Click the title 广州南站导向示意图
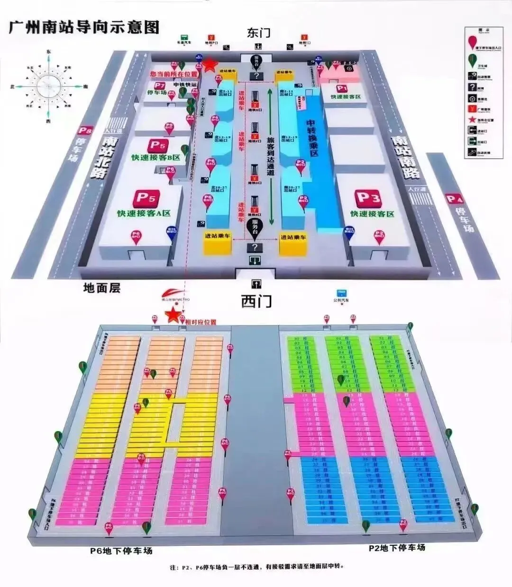tap(84, 27)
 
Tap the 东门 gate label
tap(258, 32)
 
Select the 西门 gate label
tap(256, 300)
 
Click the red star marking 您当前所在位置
tap(209, 64)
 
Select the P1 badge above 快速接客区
tap(342, 88)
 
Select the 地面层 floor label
tap(101, 287)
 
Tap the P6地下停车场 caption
tap(122, 551)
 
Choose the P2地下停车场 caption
tap(397, 548)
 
